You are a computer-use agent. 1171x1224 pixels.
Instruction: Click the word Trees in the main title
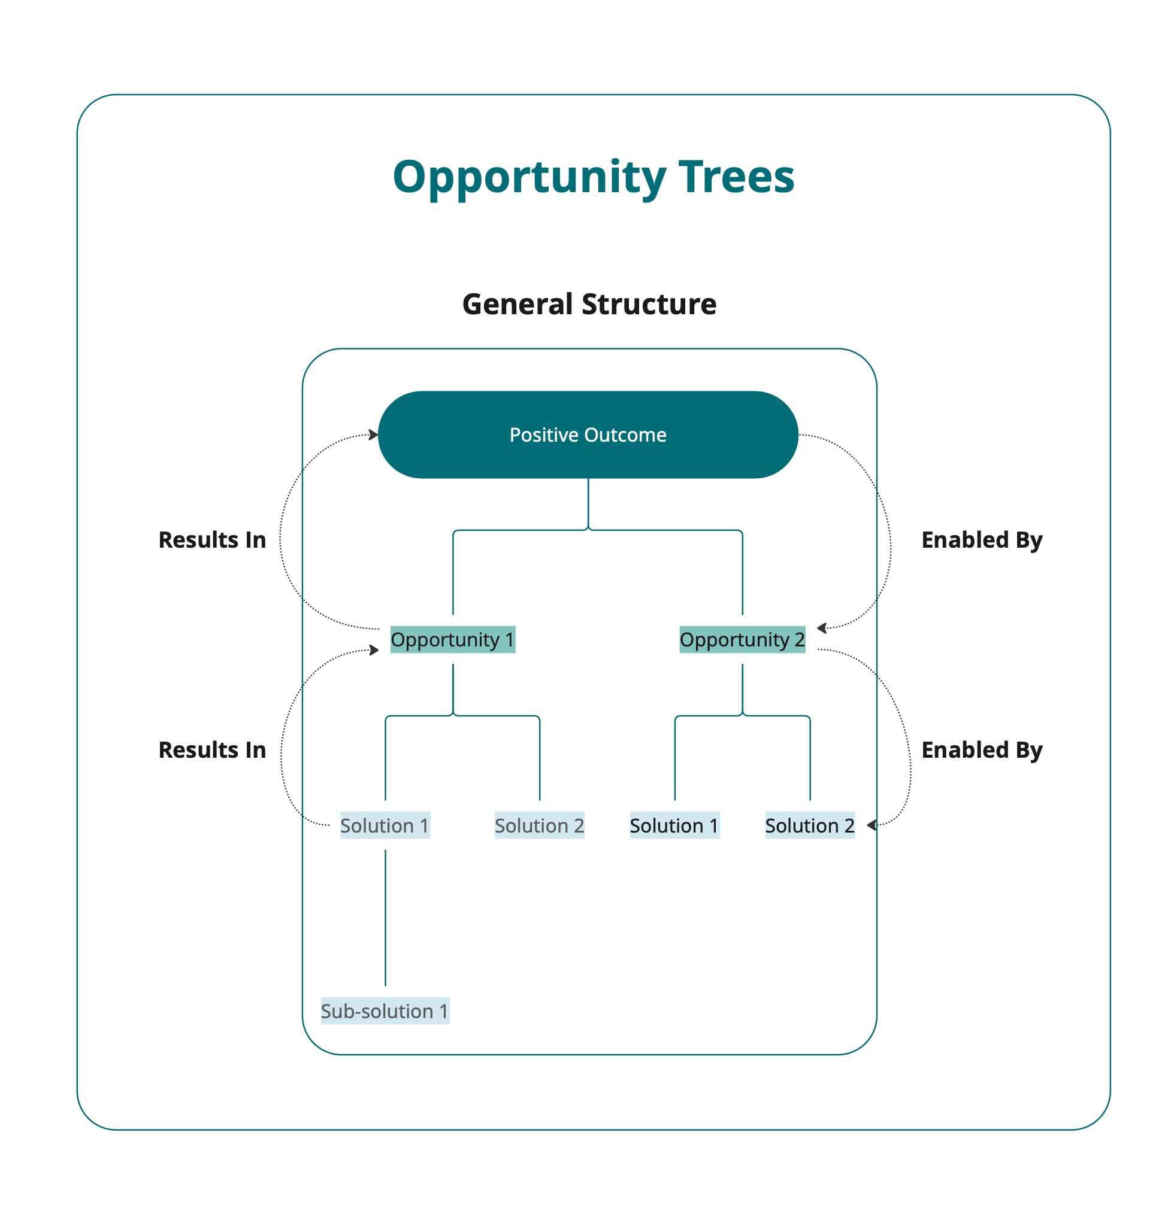coord(736,177)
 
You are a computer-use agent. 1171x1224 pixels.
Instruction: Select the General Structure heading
coord(589,305)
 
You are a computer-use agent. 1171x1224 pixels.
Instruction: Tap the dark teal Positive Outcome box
coord(588,435)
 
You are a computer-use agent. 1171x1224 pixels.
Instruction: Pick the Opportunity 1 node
coord(453,639)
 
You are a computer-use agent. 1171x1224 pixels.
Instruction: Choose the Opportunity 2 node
coord(742,639)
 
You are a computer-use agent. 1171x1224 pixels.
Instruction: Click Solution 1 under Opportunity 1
coord(385,825)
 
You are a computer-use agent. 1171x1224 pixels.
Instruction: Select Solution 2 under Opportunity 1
coord(539,825)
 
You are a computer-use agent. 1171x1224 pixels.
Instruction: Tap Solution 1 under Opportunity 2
coord(674,825)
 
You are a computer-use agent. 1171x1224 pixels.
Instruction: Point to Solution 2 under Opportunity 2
coord(810,825)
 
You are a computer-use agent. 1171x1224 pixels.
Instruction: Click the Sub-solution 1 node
coord(385,1012)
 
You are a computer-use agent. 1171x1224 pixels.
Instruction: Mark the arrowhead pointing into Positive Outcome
coord(373,435)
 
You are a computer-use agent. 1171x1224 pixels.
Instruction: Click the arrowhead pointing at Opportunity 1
coord(374,650)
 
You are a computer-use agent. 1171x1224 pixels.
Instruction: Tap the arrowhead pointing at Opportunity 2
coord(822,628)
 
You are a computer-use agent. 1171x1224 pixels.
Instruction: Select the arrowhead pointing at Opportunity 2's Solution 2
coord(872,825)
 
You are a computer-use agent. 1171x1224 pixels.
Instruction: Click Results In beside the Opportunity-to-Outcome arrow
coord(212,540)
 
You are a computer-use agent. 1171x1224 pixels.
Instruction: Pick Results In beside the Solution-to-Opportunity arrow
coord(212,750)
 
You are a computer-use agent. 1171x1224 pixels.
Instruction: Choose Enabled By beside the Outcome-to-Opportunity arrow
coord(982,540)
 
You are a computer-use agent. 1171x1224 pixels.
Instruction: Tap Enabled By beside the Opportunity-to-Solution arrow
coord(982,751)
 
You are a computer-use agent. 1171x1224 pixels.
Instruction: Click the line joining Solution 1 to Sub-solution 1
coord(385,917)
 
